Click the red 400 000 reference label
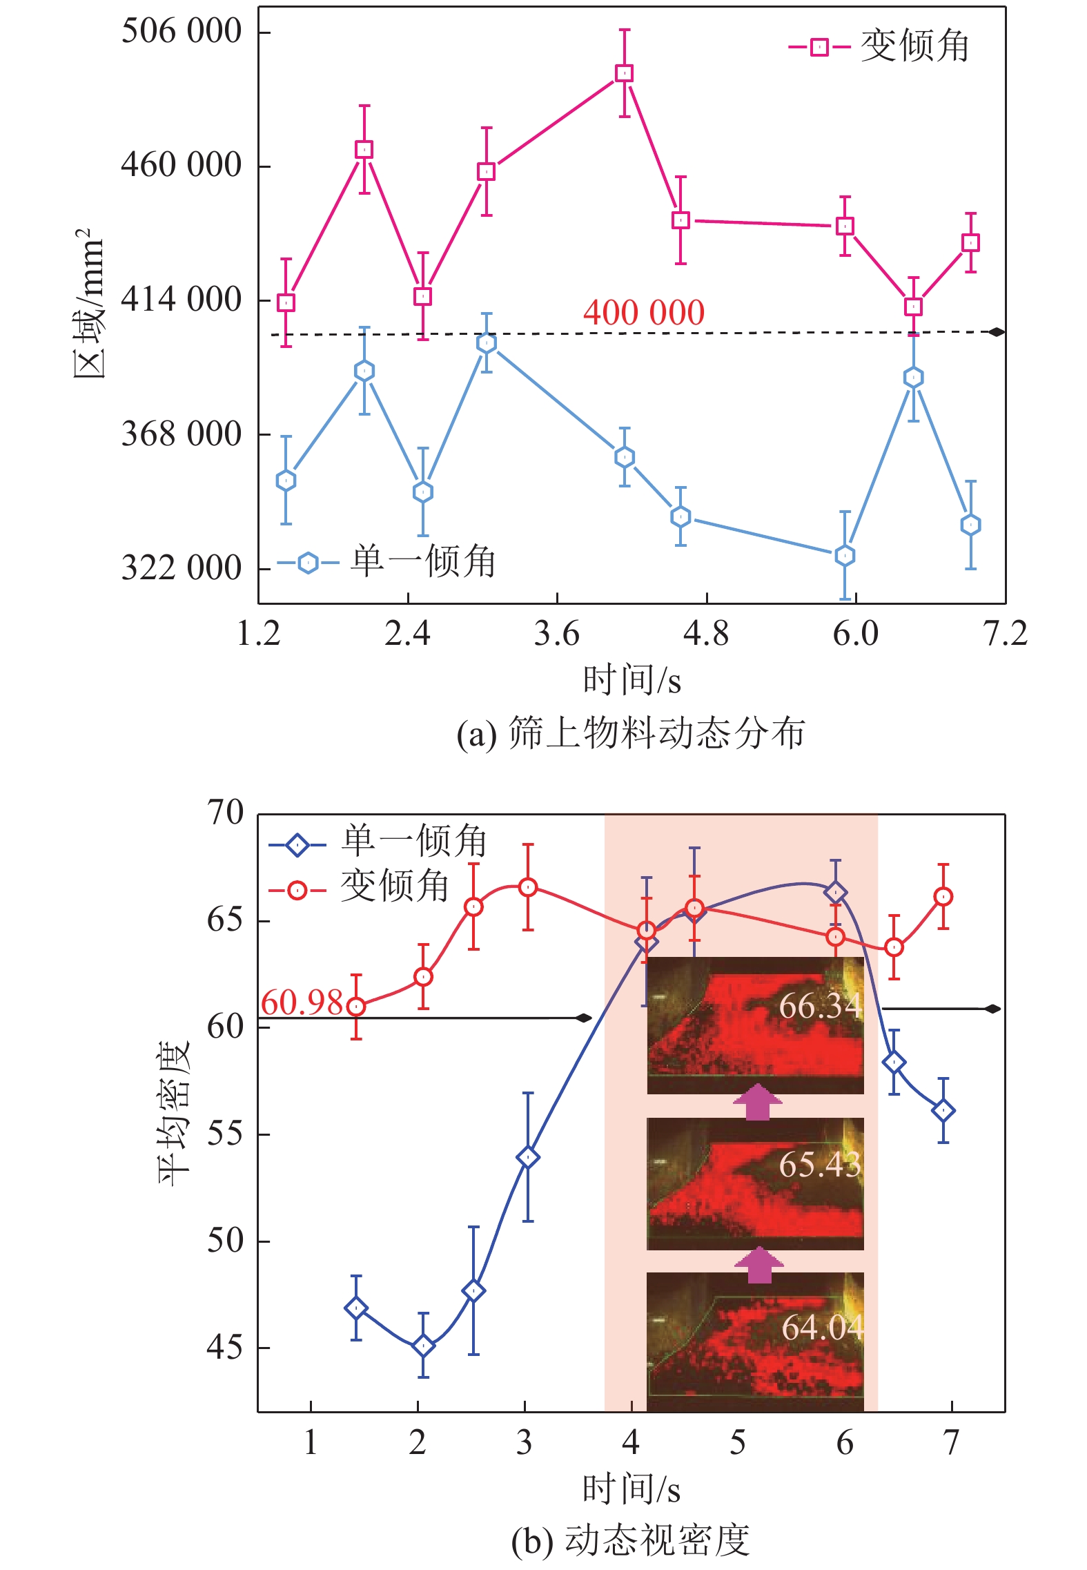pyautogui.click(x=643, y=313)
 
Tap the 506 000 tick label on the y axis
pyautogui.click(x=181, y=31)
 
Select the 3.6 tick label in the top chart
pyautogui.click(x=556, y=634)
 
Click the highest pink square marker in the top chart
pyautogui.click(x=624, y=73)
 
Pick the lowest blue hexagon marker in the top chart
pyautogui.click(x=845, y=555)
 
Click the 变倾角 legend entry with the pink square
pyautogui.click(x=879, y=47)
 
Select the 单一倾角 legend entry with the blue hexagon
pyautogui.click(x=386, y=561)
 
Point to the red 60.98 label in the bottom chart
pyautogui.click(x=302, y=1002)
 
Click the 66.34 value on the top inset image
pyautogui.click(x=820, y=1006)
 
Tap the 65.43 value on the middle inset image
pyautogui.click(x=820, y=1165)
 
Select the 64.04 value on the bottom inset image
pyautogui.click(x=821, y=1327)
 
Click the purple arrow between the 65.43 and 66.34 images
pyautogui.click(x=758, y=1102)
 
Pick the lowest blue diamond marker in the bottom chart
pyautogui.click(x=423, y=1346)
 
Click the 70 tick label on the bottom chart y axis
pyautogui.click(x=225, y=813)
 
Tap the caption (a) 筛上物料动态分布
pyautogui.click(x=631, y=734)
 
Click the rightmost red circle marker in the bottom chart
pyautogui.click(x=943, y=897)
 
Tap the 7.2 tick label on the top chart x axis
pyautogui.click(x=1004, y=634)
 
